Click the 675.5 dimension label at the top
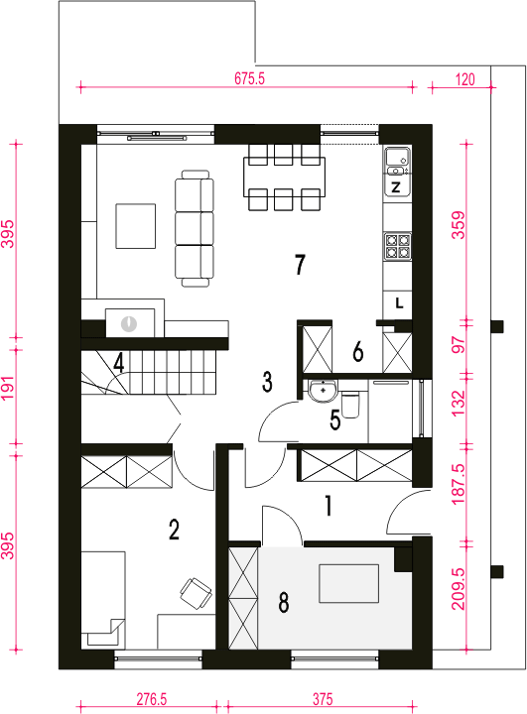pos(249,78)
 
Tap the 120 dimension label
pos(465,79)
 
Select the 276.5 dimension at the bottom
pos(152,699)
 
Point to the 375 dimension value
pos(323,699)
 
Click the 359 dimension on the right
pos(459,225)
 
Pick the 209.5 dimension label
pos(459,589)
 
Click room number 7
pos(300,265)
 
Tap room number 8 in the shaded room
pos(284,603)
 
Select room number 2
pos(174,530)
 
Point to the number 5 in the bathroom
pos(335,420)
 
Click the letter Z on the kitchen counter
pos(396,187)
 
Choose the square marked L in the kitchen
pos(398,303)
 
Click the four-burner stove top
pos(398,246)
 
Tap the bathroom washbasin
pos(324,391)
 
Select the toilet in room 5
pos(350,405)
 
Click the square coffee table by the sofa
pos(135,226)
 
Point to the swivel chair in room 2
pos(197,592)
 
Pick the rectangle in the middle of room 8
pos(348,583)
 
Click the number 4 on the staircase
pos(119,363)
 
